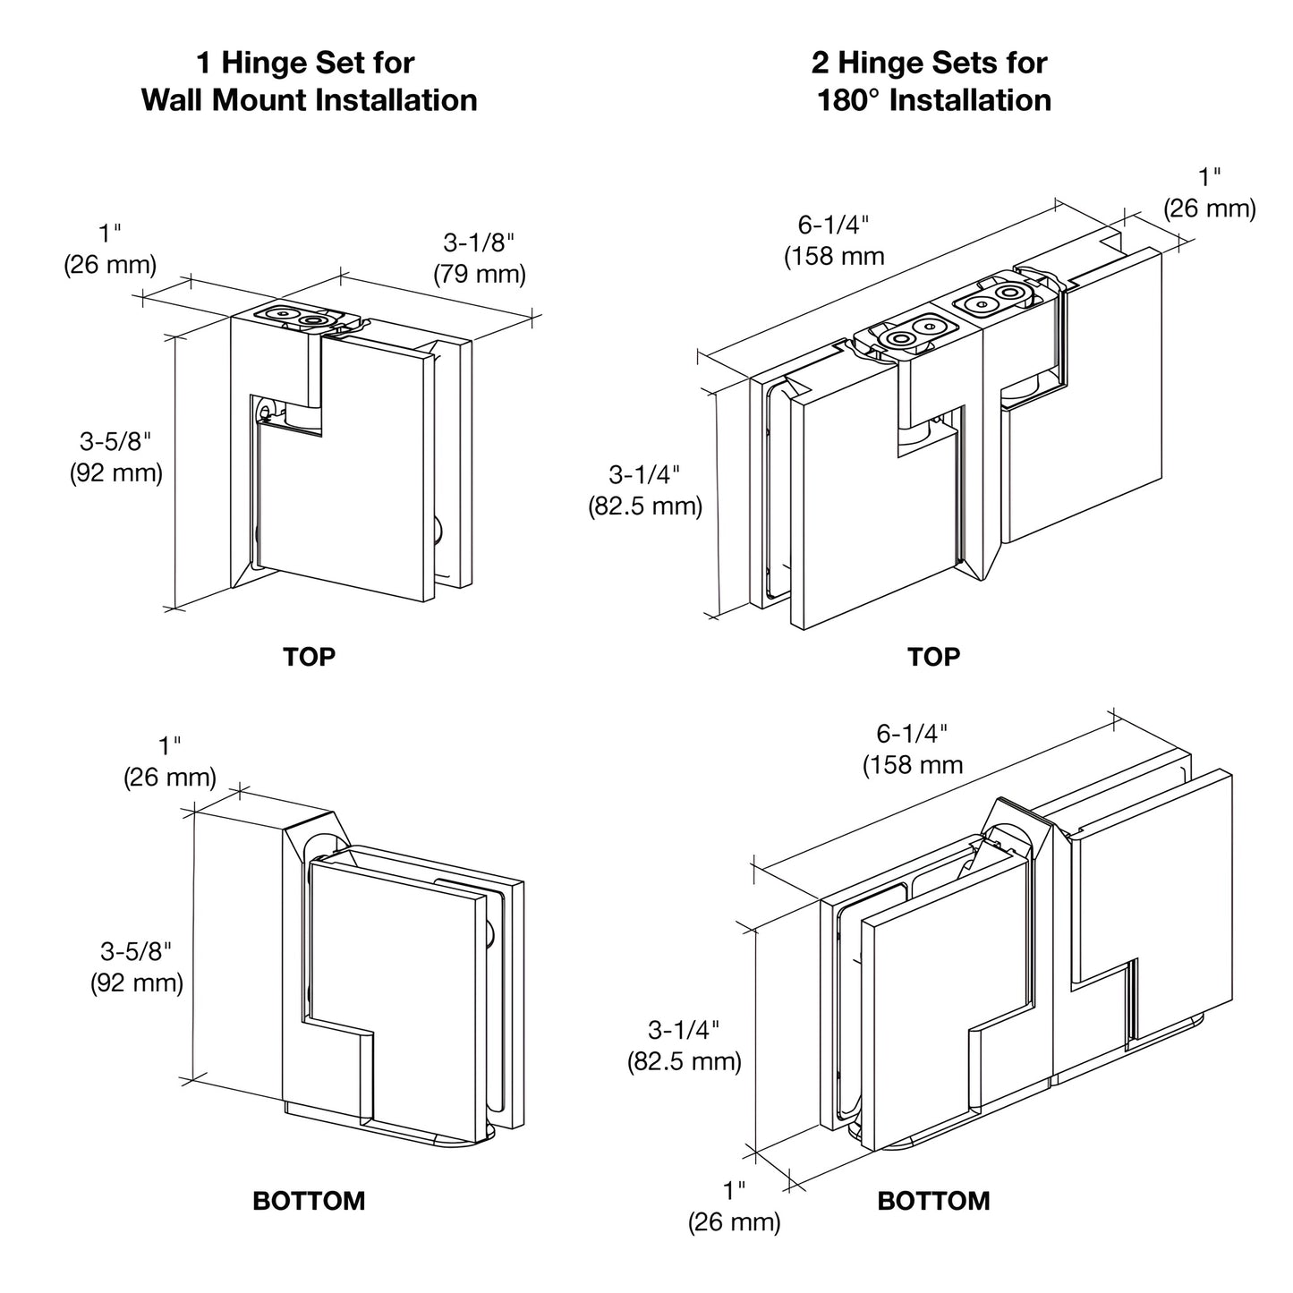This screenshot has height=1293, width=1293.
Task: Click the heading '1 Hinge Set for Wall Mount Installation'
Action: click(309, 81)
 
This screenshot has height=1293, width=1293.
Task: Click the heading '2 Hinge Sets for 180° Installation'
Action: click(932, 81)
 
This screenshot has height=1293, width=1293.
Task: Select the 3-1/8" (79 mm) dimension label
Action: click(480, 258)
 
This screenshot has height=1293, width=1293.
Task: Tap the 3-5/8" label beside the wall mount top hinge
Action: click(116, 456)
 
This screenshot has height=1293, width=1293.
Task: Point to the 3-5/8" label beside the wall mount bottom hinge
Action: click(136, 966)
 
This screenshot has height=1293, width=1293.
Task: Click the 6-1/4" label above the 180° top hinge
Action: click(834, 240)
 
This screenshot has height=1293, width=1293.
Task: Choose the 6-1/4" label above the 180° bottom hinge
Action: click(913, 749)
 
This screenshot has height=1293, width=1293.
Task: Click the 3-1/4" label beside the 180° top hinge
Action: click(645, 489)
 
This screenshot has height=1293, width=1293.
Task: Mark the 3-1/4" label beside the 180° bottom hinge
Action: click(685, 1045)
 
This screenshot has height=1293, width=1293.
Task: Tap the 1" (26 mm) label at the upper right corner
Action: click(1210, 192)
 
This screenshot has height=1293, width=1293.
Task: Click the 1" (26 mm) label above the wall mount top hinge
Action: click(110, 249)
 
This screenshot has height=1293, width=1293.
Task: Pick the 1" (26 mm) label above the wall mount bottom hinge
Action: click(170, 761)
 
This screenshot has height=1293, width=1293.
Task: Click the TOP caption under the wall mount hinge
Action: click(309, 657)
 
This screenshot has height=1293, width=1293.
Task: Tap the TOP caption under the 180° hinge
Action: click(933, 657)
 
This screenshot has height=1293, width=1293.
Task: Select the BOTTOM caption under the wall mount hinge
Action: click(309, 1200)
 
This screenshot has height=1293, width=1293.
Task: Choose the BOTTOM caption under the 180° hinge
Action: click(933, 1200)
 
